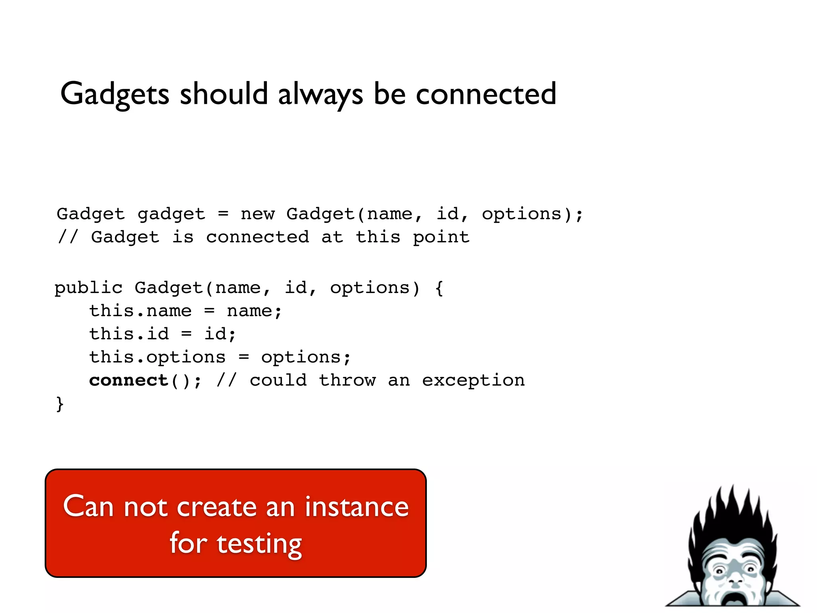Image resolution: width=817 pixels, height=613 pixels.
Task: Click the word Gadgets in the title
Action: point(115,94)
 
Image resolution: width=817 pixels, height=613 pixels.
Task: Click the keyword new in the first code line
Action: point(257,214)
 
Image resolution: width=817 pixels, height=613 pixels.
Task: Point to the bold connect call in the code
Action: point(128,380)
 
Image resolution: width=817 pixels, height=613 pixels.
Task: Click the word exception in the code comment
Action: point(473,380)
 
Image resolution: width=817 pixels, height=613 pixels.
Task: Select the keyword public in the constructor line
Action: point(88,288)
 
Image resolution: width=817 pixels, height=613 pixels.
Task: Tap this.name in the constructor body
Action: point(140,311)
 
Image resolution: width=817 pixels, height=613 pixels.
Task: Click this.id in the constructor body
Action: point(128,334)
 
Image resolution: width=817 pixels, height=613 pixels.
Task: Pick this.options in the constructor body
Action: point(157,357)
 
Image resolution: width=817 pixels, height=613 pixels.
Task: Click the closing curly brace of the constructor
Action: point(59,404)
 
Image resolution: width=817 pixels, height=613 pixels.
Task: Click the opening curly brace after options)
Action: point(439,288)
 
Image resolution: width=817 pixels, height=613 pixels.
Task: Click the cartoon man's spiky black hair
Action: point(732,515)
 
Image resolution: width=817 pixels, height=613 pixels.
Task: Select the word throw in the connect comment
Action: point(347,380)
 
